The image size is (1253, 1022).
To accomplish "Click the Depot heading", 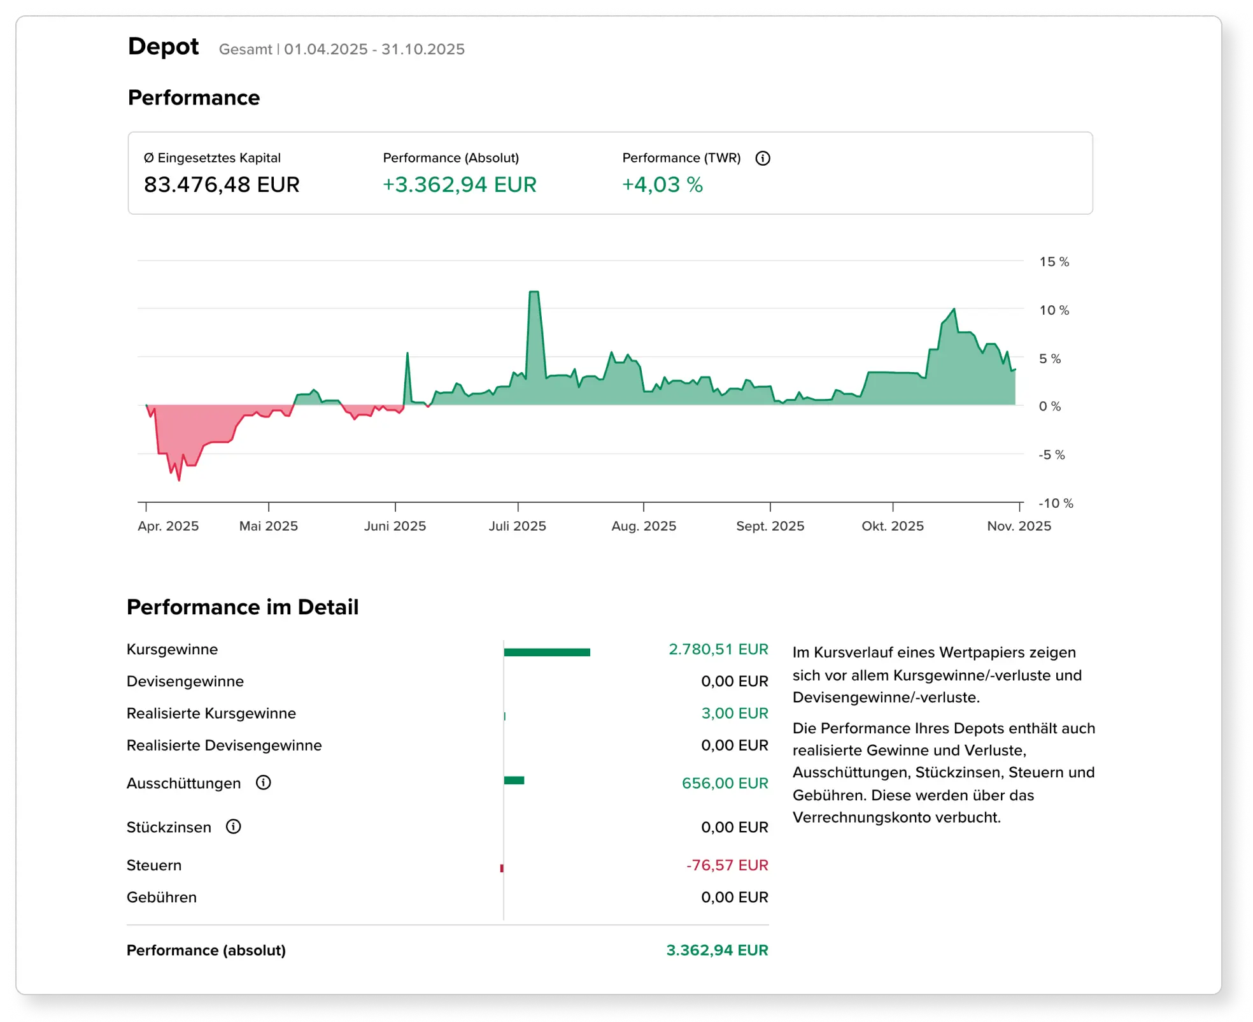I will tap(163, 47).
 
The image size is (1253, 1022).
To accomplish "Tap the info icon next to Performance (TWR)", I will tap(762, 158).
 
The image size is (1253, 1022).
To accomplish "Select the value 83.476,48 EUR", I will tap(222, 185).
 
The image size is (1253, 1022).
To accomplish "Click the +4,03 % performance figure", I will tap(662, 185).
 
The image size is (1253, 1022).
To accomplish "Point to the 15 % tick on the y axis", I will tap(1054, 261).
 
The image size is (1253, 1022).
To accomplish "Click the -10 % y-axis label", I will tap(1056, 503).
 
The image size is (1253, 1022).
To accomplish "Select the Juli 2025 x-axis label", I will tap(517, 526).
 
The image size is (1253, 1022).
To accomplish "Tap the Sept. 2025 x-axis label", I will tap(770, 526).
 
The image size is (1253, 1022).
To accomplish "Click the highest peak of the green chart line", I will tap(534, 292).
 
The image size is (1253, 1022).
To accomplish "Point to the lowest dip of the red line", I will tap(179, 479).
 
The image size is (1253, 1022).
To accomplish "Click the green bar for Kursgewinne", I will tap(547, 652).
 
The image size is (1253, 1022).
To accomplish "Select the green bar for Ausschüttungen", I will tap(514, 781).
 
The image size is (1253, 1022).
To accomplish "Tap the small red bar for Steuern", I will tap(502, 868).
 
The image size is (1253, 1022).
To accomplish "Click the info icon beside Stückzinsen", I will tap(234, 826).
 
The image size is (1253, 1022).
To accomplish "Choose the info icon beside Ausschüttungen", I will tap(263, 782).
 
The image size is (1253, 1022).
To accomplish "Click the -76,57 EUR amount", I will tap(727, 865).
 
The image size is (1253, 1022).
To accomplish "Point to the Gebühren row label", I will tap(162, 897).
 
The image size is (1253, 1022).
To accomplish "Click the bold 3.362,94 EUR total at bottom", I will tap(717, 950).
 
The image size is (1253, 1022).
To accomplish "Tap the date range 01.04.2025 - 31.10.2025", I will tap(374, 49).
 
